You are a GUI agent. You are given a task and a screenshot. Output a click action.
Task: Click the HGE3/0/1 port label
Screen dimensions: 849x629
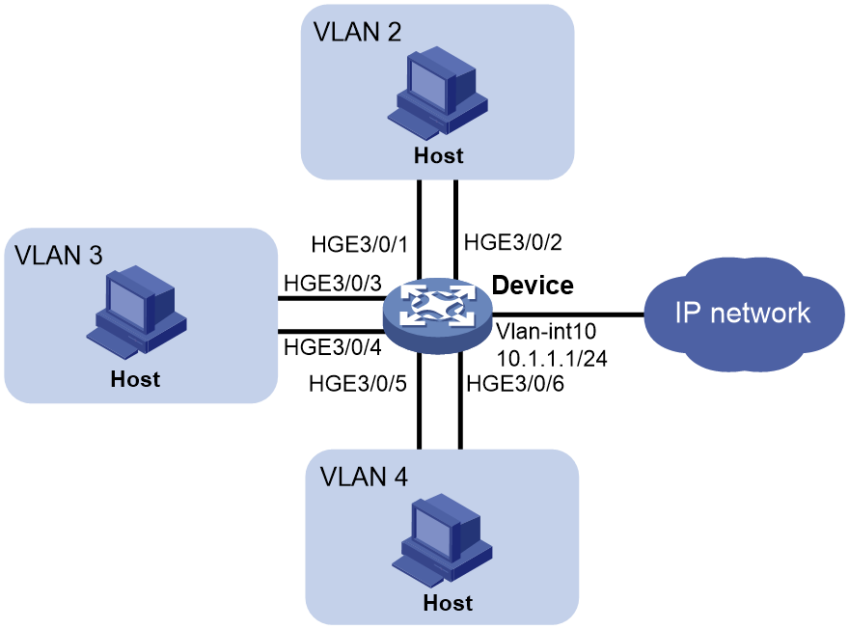tap(359, 245)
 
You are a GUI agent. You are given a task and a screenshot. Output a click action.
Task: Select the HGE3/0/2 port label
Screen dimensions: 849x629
tap(512, 242)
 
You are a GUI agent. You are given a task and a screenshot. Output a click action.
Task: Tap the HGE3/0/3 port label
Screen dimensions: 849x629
tap(333, 283)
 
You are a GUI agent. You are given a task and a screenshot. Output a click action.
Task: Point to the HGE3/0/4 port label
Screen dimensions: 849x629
tap(333, 347)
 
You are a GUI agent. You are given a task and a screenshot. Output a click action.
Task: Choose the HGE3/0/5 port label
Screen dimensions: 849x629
tap(357, 383)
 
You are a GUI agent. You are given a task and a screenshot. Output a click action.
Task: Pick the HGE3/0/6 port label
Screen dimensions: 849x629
tap(515, 383)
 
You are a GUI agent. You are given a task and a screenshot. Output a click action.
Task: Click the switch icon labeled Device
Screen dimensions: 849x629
tap(437, 315)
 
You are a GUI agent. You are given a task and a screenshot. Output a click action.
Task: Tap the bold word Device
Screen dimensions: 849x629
tap(533, 286)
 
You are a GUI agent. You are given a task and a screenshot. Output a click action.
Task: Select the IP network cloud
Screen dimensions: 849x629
tap(745, 314)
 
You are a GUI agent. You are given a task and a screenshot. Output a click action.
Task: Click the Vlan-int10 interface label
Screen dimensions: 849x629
tap(546, 331)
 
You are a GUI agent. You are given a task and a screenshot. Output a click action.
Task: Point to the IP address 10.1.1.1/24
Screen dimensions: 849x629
tap(552, 358)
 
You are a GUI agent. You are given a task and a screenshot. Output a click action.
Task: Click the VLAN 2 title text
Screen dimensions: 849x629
tap(357, 32)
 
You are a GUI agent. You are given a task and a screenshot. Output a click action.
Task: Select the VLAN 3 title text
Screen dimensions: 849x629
tap(59, 255)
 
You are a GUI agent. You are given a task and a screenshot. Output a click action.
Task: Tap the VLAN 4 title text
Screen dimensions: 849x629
tap(364, 477)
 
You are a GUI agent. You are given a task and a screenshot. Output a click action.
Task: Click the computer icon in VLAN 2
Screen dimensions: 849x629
tap(437, 92)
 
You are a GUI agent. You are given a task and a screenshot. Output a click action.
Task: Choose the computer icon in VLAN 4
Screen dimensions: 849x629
tap(442, 539)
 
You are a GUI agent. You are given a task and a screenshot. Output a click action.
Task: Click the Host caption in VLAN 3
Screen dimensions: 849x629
tap(135, 379)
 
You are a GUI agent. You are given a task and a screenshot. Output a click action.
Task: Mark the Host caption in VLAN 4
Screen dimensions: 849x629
tap(448, 603)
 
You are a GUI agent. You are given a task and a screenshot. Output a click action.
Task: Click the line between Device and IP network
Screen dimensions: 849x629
tap(568, 314)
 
